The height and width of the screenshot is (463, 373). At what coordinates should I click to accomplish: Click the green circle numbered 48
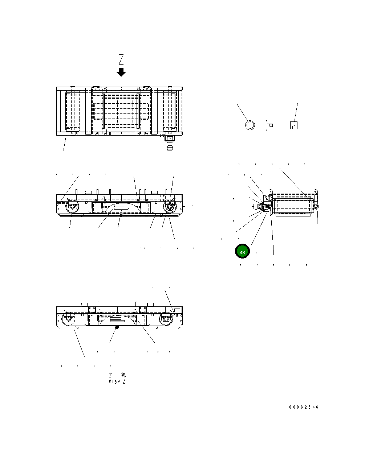(242, 252)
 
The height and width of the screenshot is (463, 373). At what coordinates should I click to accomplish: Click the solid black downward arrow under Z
(121, 72)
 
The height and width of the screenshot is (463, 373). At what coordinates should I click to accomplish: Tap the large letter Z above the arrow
(121, 59)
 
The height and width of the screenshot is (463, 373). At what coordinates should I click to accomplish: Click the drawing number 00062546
(304, 407)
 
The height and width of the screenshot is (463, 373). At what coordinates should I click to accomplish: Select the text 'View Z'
(117, 381)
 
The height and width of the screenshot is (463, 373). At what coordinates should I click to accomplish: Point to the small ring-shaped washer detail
(250, 125)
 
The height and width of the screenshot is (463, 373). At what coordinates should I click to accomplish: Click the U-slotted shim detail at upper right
(294, 125)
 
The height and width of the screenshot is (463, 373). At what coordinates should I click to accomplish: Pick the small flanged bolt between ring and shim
(269, 125)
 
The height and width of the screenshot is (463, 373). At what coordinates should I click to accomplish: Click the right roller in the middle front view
(169, 208)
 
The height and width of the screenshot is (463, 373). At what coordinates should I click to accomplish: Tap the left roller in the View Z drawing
(68, 319)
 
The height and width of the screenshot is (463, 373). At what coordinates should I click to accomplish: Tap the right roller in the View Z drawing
(165, 319)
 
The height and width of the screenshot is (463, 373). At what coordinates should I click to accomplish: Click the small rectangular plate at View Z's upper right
(177, 310)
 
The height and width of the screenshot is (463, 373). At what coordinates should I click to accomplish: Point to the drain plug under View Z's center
(117, 327)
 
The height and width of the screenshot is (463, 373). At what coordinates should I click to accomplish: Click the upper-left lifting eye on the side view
(271, 191)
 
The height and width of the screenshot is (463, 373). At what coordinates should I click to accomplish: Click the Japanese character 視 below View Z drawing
(123, 375)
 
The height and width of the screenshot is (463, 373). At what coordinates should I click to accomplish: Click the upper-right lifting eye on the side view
(315, 191)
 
